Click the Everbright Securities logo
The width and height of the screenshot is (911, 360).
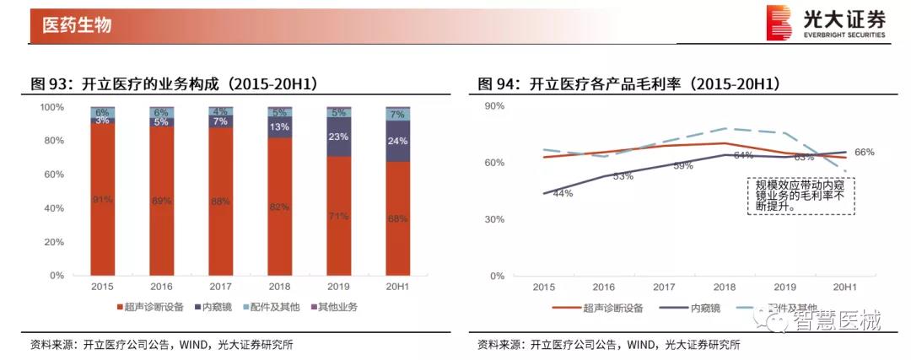(825, 23)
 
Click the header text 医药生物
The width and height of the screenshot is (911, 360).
(77, 25)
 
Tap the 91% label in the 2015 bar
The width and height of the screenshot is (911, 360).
(102, 200)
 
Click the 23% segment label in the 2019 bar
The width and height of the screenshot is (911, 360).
(338, 137)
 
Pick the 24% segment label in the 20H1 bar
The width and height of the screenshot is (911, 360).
(396, 141)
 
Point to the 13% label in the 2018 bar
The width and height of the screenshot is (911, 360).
(278, 127)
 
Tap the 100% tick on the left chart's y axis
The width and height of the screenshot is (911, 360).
(51, 107)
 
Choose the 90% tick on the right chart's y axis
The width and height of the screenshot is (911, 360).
(493, 106)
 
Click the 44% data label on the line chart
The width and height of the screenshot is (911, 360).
(563, 194)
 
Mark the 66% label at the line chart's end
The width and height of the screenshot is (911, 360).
(865, 152)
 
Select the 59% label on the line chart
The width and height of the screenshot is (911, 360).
(682, 166)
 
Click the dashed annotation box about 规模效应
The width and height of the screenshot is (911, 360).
(800, 196)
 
